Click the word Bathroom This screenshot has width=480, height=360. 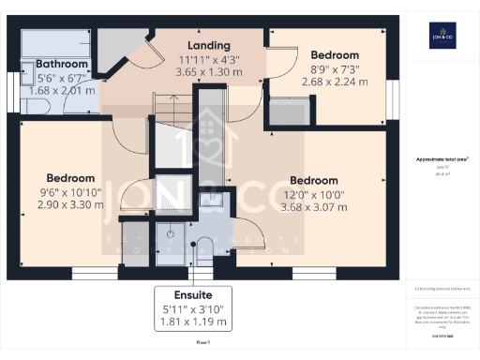tap(61, 65)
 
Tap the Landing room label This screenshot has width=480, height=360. tap(208, 46)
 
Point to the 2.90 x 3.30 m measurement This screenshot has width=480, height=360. tap(70, 203)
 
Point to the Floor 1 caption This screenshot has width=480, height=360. tap(202, 344)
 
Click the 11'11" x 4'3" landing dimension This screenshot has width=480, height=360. tap(208, 60)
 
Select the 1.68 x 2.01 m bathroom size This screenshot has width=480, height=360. tap(61, 91)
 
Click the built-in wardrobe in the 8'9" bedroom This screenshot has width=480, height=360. tap(282, 111)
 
